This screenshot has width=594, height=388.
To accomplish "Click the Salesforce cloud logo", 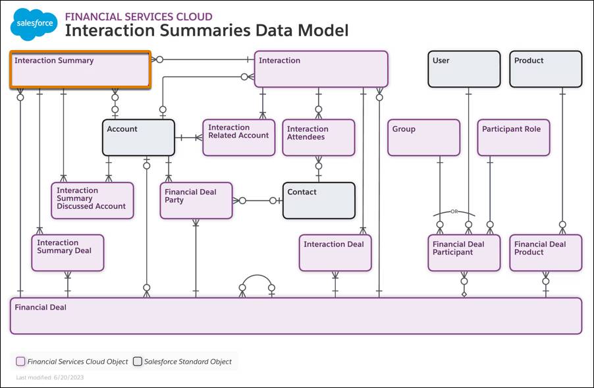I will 34,25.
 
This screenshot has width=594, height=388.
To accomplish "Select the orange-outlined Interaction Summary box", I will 80,69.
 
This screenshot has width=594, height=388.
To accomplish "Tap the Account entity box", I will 138,137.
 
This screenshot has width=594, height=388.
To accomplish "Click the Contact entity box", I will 319,200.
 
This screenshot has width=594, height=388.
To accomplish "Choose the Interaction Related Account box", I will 238,137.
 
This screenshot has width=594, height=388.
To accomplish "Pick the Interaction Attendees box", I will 318,137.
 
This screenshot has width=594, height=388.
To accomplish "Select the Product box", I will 546,69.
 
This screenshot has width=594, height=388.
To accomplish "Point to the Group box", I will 423,137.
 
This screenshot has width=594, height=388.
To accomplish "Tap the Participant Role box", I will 513,137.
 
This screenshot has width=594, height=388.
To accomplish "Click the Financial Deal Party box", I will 196,200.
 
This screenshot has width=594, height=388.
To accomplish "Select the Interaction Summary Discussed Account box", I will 92,200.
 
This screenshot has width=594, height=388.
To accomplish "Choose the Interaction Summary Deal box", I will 68,252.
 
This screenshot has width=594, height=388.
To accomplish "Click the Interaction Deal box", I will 335,252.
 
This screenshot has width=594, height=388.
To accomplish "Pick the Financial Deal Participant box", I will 464,252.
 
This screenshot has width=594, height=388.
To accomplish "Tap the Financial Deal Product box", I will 546,252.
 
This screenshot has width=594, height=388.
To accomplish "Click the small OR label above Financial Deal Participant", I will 454,212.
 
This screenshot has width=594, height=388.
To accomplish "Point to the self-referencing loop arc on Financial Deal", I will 257,277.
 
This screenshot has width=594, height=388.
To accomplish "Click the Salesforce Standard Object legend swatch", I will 137,362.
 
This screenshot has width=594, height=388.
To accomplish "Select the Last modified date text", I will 50,377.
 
